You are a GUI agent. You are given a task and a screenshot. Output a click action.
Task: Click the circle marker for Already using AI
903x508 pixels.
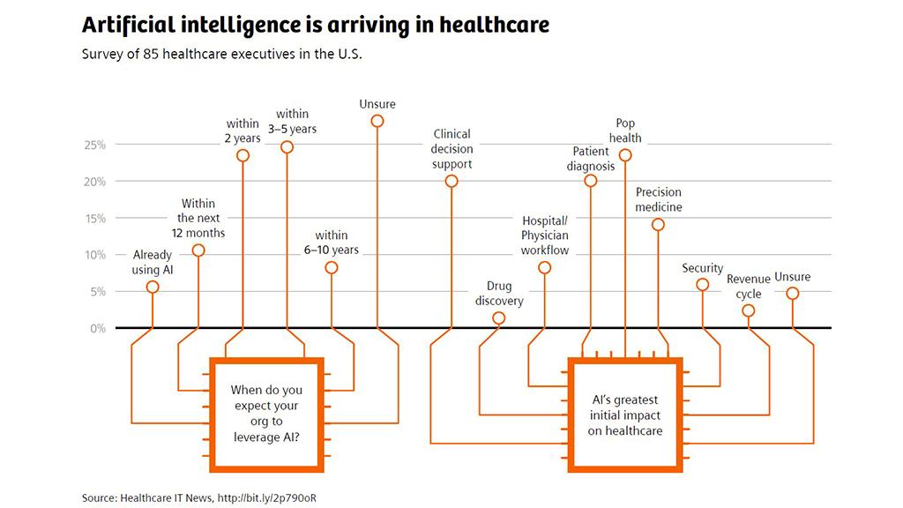click(x=153, y=287)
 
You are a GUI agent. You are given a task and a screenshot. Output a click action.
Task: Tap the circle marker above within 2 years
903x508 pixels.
click(x=243, y=155)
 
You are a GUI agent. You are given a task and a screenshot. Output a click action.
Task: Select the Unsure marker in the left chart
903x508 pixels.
click(x=377, y=121)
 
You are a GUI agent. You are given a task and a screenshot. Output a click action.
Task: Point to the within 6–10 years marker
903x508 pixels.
click(x=332, y=268)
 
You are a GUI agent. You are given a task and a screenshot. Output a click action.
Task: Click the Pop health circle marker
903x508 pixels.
click(x=625, y=155)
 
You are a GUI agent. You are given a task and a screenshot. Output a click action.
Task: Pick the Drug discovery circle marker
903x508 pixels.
click(x=499, y=317)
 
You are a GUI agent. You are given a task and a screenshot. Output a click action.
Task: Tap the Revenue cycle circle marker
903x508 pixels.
click(x=748, y=311)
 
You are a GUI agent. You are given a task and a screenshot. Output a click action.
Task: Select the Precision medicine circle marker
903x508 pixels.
click(x=658, y=225)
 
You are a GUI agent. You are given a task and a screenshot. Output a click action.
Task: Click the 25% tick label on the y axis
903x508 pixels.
click(x=95, y=146)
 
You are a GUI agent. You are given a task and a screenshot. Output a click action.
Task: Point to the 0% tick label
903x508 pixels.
click(x=98, y=329)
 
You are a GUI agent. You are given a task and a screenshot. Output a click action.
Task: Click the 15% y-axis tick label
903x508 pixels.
click(x=95, y=219)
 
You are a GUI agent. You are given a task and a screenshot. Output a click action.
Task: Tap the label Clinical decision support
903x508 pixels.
click(x=452, y=149)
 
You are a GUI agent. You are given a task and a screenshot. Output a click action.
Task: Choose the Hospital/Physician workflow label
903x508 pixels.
click(x=545, y=235)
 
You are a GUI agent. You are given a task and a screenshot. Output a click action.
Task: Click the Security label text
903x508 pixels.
click(x=703, y=268)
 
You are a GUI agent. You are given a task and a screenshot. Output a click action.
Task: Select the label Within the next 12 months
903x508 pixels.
click(x=198, y=219)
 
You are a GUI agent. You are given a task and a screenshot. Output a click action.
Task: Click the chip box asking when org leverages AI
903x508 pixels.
click(x=266, y=415)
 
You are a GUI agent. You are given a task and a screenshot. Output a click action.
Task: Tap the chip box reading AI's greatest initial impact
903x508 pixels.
click(x=625, y=415)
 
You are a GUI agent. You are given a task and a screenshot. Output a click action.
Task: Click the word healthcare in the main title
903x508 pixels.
click(x=495, y=25)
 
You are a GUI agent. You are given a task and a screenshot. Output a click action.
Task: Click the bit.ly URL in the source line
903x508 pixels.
click(x=266, y=498)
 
